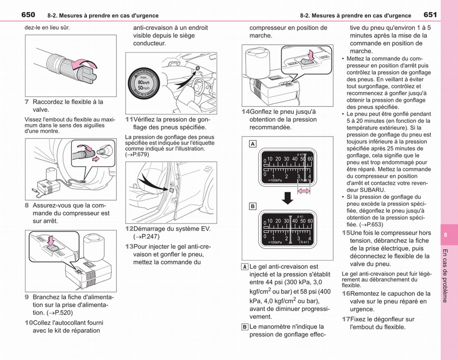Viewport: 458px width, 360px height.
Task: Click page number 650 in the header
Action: pyautogui.click(x=28, y=15)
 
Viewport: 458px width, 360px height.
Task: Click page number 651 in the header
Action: pyautogui.click(x=430, y=15)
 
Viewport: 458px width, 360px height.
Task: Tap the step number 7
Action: pyautogui.click(x=27, y=102)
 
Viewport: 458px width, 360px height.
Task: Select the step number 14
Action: pyautogui.click(x=245, y=111)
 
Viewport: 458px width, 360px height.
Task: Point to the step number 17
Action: pyautogui.click(x=346, y=319)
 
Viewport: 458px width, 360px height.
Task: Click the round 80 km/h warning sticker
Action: pyautogui.click(x=144, y=83)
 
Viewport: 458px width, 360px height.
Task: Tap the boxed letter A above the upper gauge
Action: pyautogui.click(x=253, y=144)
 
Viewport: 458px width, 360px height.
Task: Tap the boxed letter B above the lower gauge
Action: pyautogui.click(x=253, y=206)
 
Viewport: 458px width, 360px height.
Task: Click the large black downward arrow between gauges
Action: pyautogui.click(x=287, y=198)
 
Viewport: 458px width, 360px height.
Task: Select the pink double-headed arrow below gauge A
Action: pyautogui.click(x=304, y=191)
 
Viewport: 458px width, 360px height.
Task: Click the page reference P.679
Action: pyautogui.click(x=139, y=155)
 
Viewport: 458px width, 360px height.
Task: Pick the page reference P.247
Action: pyautogui.click(x=148, y=236)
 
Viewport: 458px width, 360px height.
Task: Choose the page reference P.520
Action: pyautogui.click(x=61, y=313)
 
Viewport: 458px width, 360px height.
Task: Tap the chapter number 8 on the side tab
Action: pyautogui.click(x=445, y=235)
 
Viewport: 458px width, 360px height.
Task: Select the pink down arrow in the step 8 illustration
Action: pyautogui.click(x=51, y=241)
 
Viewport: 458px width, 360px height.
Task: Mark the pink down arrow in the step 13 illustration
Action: pyautogui.click(x=311, y=55)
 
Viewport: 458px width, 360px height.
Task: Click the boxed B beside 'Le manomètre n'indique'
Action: pyautogui.click(x=245, y=327)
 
